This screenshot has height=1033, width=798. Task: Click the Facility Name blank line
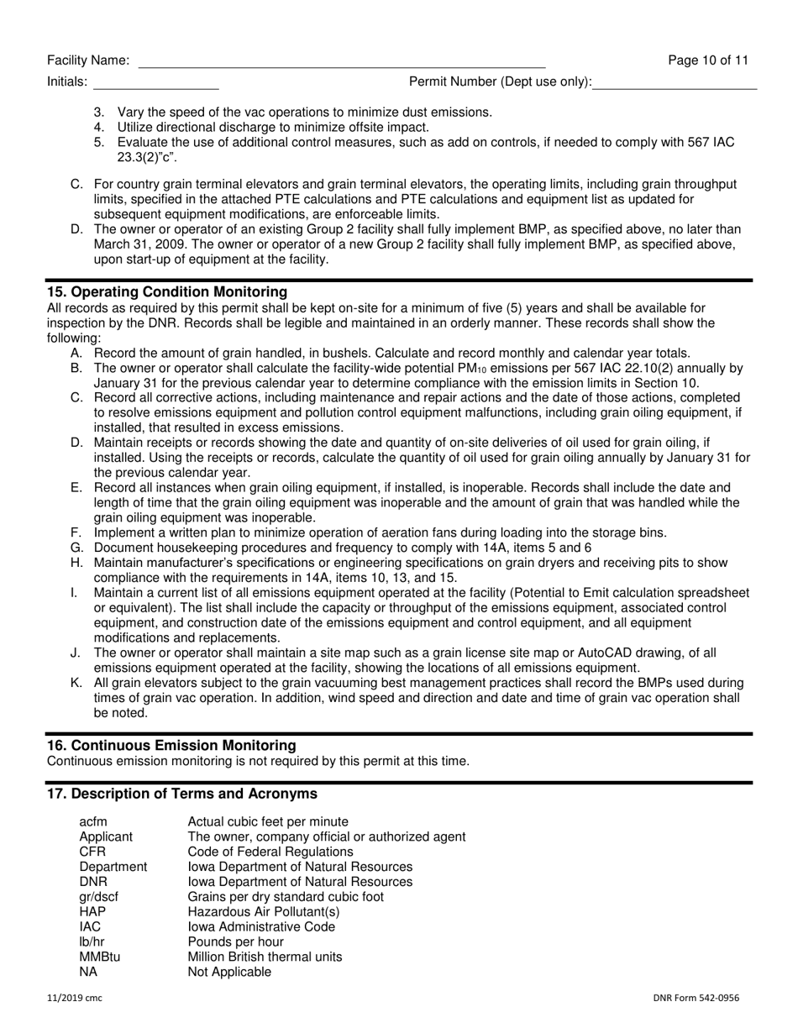pyautogui.click(x=341, y=62)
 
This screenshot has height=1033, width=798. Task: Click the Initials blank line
pyautogui.click(x=155, y=83)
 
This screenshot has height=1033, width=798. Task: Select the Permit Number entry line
pyautogui.click(x=675, y=83)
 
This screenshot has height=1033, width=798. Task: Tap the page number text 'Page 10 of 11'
pyautogui.click(x=708, y=60)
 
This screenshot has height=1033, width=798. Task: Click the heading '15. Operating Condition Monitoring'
pyautogui.click(x=166, y=292)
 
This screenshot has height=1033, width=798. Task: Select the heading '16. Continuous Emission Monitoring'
pyautogui.click(x=171, y=746)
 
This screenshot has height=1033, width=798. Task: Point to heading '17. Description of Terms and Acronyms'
pyautogui.click(x=182, y=794)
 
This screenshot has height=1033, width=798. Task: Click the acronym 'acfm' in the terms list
pyautogui.click(x=93, y=821)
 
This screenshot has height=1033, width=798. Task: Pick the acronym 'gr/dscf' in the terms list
pyautogui.click(x=99, y=897)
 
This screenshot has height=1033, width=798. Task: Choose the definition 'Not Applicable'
pyautogui.click(x=229, y=973)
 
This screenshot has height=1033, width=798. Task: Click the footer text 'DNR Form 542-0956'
pyautogui.click(x=696, y=999)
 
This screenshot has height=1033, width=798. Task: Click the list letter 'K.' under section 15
pyautogui.click(x=76, y=683)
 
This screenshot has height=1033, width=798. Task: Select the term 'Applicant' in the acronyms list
pyautogui.click(x=106, y=836)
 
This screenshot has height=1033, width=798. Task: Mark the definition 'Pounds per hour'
pyautogui.click(x=235, y=942)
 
